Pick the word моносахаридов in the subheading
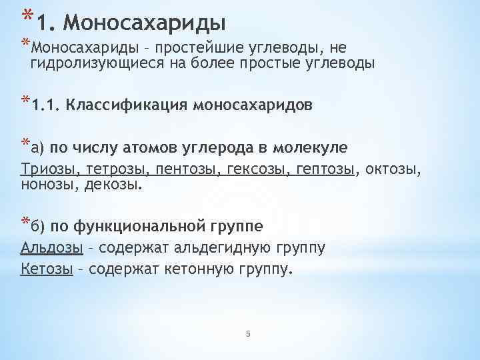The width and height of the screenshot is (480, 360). [251, 105]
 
